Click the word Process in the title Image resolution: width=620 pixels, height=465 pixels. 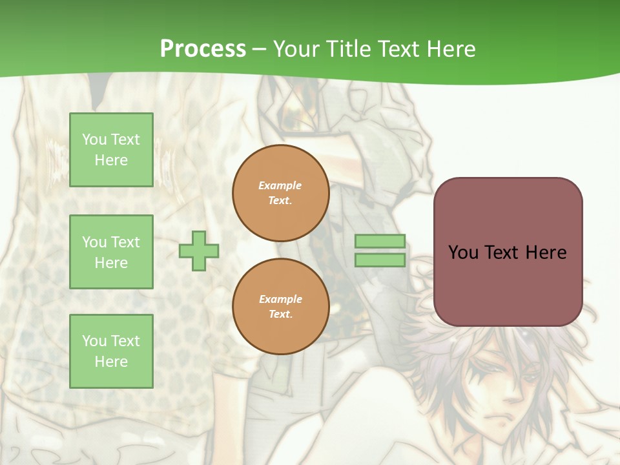click(203, 49)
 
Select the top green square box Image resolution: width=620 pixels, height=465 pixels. click(111, 150)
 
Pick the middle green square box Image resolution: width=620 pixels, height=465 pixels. click(111, 252)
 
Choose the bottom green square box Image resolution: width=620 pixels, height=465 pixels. click(111, 351)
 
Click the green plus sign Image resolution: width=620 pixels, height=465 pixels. click(199, 251)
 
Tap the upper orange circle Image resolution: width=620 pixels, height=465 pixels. click(280, 193)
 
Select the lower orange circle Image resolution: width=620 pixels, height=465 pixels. click(280, 307)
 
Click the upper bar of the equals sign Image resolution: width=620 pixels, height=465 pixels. click(380, 242)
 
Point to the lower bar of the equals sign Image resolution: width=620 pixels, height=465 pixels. click(380, 260)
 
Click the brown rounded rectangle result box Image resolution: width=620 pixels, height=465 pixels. click(508, 252)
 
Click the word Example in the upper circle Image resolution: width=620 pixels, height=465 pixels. click(280, 185)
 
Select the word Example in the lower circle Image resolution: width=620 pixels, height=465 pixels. click(280, 299)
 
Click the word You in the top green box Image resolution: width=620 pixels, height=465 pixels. click(94, 139)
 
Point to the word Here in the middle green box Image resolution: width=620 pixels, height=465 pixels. click(111, 263)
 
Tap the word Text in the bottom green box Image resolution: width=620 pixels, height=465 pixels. click(124, 341)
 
